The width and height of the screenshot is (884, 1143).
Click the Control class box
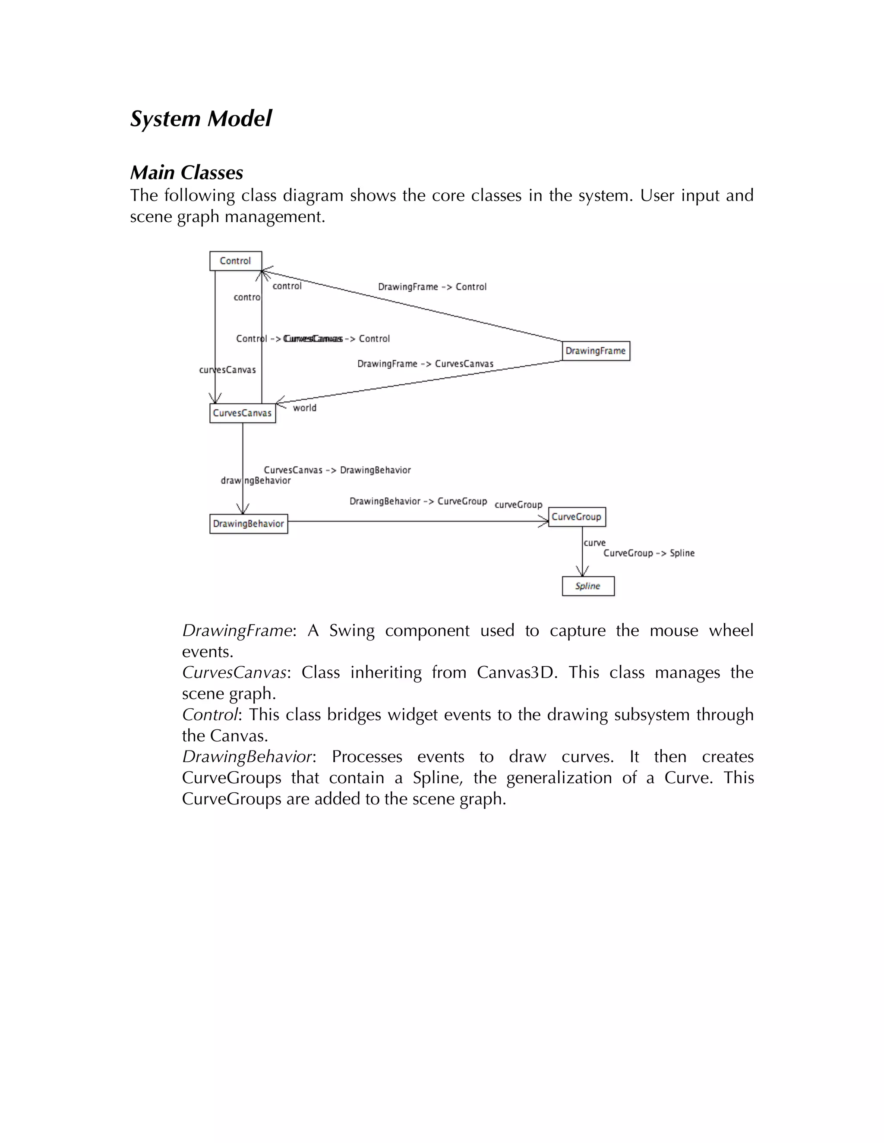[x=235, y=261]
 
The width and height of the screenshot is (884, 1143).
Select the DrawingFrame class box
[x=595, y=351]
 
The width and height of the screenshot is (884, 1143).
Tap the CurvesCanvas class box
[x=242, y=413]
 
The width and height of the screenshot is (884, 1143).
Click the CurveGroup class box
[x=577, y=517]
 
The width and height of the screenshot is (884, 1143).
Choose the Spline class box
[x=587, y=586]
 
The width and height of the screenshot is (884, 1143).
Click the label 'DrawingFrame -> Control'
[x=432, y=287]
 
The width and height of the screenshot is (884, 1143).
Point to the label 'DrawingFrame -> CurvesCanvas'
[x=425, y=364]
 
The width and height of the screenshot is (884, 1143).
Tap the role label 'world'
[x=304, y=408]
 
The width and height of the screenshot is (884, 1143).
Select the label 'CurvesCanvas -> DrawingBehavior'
[x=337, y=470]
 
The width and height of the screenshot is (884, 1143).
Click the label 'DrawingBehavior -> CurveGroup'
[x=418, y=501]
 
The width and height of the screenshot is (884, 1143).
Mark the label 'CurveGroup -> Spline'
[x=649, y=553]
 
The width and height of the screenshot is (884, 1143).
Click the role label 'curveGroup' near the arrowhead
[x=518, y=505]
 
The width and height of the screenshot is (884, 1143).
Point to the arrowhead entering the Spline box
[x=582, y=571]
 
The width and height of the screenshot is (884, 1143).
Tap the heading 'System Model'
[x=201, y=119]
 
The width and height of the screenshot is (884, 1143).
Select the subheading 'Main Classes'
[x=186, y=173]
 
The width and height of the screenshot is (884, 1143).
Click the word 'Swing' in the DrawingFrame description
[x=352, y=631]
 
